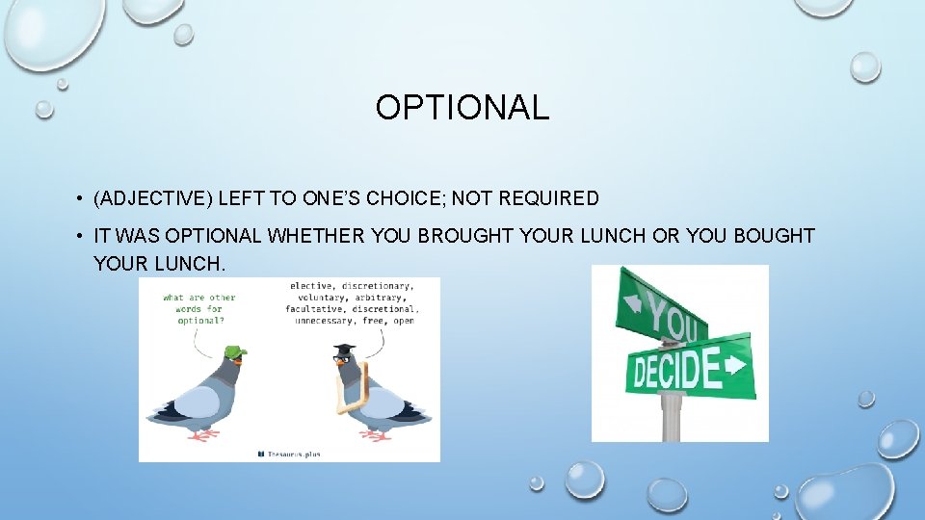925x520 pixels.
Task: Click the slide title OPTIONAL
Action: pyautogui.click(x=462, y=107)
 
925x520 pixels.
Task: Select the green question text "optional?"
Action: pyautogui.click(x=200, y=321)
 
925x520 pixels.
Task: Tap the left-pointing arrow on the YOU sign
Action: pyautogui.click(x=634, y=302)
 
